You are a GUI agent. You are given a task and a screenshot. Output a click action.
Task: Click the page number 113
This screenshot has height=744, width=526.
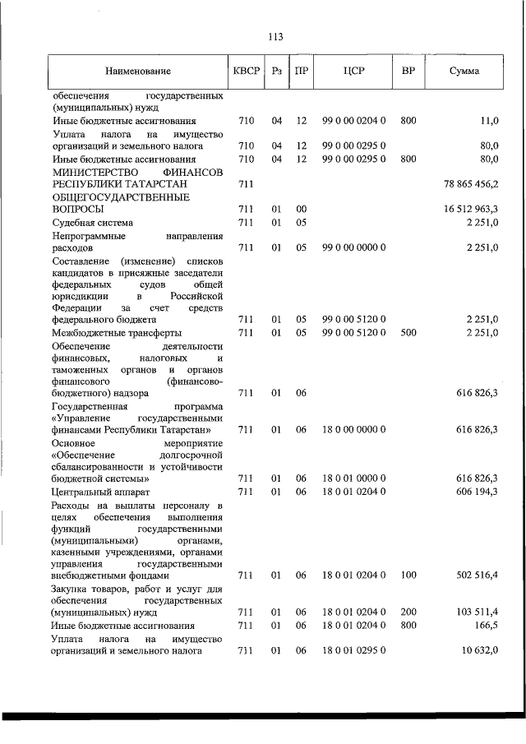click(x=275, y=36)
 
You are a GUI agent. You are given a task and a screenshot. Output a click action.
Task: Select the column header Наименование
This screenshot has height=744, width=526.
click(x=137, y=72)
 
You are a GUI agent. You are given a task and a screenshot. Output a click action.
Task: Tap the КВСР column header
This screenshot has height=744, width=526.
click(x=246, y=72)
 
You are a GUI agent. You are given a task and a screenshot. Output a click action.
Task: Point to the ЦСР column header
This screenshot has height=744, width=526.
click(x=354, y=72)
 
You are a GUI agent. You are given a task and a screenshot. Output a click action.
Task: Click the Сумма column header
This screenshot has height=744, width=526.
click(x=464, y=72)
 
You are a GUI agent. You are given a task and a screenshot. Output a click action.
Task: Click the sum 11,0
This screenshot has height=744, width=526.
click(x=490, y=121)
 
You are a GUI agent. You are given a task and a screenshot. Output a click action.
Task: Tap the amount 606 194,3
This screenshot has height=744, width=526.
click(x=478, y=491)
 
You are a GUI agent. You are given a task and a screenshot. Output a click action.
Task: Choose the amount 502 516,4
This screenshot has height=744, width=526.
click(x=478, y=575)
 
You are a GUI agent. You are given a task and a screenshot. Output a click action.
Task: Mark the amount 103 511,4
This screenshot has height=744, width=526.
click(x=478, y=612)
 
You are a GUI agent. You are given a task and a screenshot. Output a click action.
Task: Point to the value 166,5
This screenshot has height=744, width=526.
click(x=487, y=626)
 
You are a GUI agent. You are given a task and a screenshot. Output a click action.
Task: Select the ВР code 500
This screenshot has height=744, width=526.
click(x=408, y=332)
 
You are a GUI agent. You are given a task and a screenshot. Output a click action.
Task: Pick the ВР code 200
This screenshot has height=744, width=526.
click(x=408, y=612)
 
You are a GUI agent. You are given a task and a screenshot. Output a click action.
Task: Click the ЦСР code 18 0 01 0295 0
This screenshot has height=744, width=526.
click(x=354, y=651)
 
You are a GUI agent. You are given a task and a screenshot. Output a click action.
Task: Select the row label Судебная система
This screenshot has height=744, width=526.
click(x=92, y=223)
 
